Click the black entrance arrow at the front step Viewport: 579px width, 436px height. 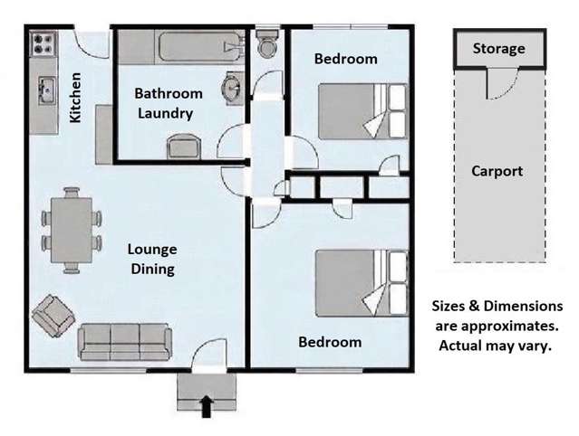click(207, 407)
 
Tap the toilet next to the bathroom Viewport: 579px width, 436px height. click(268, 43)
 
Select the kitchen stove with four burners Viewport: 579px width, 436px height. click(43, 43)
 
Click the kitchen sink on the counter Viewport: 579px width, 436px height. click(47, 90)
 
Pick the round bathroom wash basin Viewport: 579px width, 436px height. click(232, 89)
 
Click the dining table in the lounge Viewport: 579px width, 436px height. click(72, 230)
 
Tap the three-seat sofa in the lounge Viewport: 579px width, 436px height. click(125, 342)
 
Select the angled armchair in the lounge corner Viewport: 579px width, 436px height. click(53, 316)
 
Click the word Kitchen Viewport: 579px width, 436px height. click(75, 98)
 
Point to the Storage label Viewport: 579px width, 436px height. click(499, 49)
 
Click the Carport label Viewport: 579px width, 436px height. click(497, 171)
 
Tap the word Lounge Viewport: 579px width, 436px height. click(152, 250)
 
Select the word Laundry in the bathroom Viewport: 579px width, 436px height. click(166, 113)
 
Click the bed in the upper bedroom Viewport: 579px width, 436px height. click(362, 111)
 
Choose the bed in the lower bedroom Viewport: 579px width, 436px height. click(362, 283)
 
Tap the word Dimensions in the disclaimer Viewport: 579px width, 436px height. click(523, 307)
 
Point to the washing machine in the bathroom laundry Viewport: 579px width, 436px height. click(184, 147)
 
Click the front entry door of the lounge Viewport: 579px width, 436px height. click(209, 354)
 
